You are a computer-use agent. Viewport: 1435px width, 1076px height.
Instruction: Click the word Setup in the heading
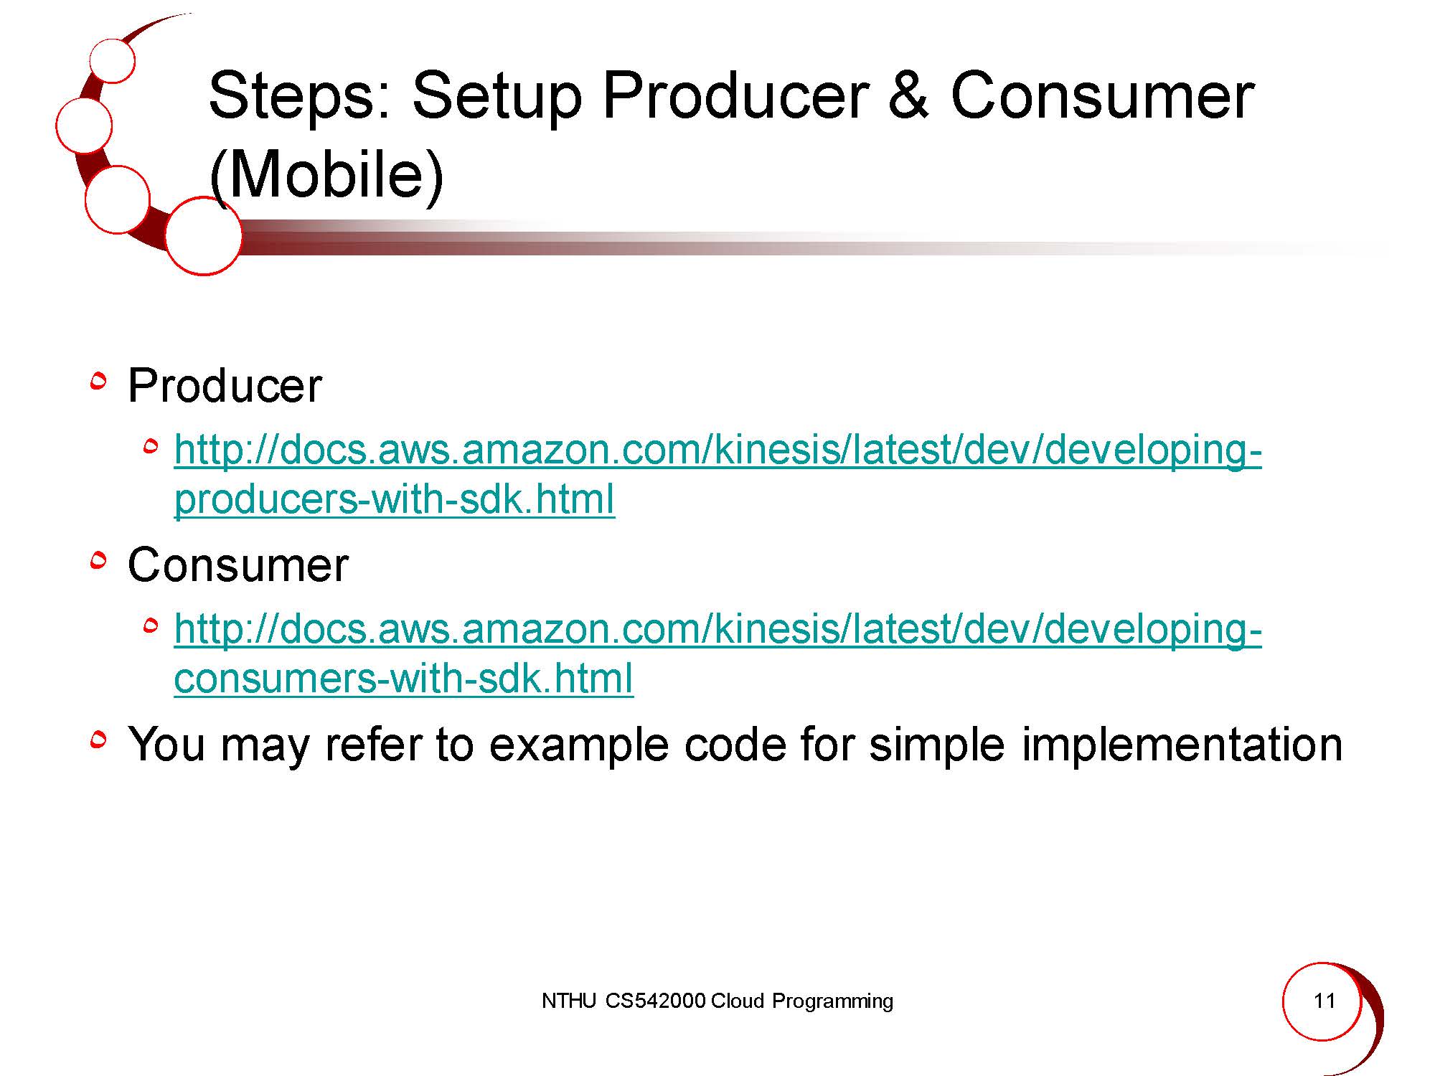(x=497, y=97)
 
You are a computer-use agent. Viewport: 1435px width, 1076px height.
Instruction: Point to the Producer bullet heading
(x=225, y=385)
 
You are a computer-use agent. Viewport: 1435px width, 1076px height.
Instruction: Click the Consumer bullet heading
(x=237, y=565)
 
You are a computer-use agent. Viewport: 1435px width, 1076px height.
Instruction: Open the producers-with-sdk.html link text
(x=395, y=499)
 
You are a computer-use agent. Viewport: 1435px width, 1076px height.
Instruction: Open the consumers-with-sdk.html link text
(x=404, y=678)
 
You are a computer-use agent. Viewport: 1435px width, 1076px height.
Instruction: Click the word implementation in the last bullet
(x=1182, y=745)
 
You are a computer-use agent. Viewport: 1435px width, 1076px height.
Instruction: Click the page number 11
(x=1324, y=1001)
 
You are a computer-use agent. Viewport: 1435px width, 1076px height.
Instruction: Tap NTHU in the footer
(x=568, y=1001)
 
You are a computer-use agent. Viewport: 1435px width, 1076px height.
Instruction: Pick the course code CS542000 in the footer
(x=655, y=1001)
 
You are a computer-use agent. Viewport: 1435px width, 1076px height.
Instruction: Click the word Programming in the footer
(x=832, y=1001)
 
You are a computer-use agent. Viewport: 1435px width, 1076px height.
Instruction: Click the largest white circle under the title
(x=203, y=235)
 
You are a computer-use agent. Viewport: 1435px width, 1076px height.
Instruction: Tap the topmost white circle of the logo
(x=113, y=60)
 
